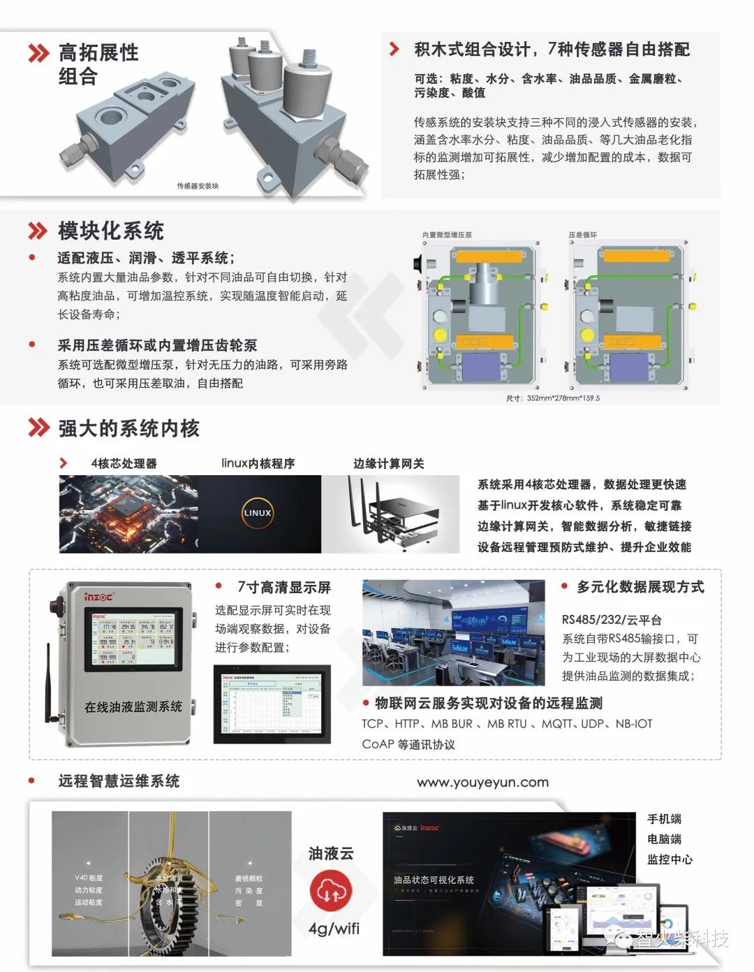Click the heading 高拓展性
coord(98,52)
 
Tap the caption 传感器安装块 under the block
coord(198,186)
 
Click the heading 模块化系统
coord(110,231)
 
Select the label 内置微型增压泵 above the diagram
coord(447,235)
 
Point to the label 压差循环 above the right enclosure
coord(583,235)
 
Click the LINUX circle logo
coord(257,513)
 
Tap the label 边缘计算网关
coord(388,463)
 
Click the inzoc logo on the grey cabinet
coord(98,596)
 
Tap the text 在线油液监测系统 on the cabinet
coord(133,706)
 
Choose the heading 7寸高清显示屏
coord(283,587)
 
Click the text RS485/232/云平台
coord(612,619)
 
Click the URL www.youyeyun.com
coord(482,783)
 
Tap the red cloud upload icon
coord(330,890)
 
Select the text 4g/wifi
coord(334,928)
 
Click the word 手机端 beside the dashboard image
coord(664,819)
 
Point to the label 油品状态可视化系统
coord(434,880)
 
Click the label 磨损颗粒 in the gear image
coord(249,878)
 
